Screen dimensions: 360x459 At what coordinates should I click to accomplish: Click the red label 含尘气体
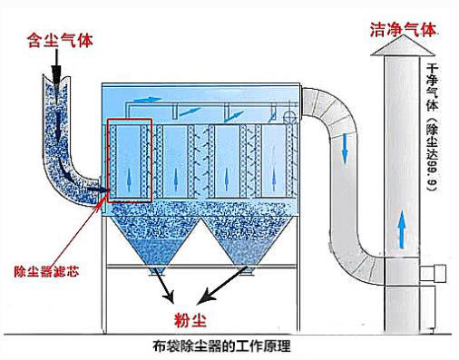(60, 40)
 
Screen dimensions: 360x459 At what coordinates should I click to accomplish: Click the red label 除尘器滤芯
(38, 270)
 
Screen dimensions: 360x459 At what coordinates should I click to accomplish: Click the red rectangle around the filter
(130, 161)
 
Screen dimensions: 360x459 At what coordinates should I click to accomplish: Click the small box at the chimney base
(430, 269)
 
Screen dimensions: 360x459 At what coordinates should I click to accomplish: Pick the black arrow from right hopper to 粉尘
(218, 288)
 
